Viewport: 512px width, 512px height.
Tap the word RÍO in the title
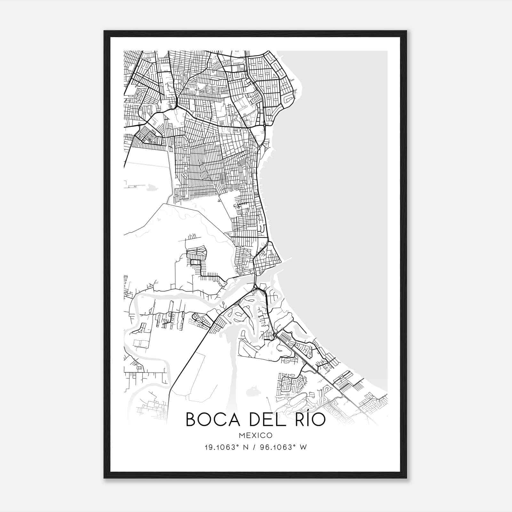pos(308,420)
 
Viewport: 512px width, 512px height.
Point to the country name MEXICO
pos(256,436)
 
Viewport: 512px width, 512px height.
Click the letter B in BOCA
pos(191,420)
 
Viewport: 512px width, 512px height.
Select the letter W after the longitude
pos(304,447)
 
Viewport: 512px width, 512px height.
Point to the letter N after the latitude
pos(246,447)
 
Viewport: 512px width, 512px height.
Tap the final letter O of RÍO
pos(318,420)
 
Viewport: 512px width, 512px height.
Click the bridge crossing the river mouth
pos(255,281)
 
